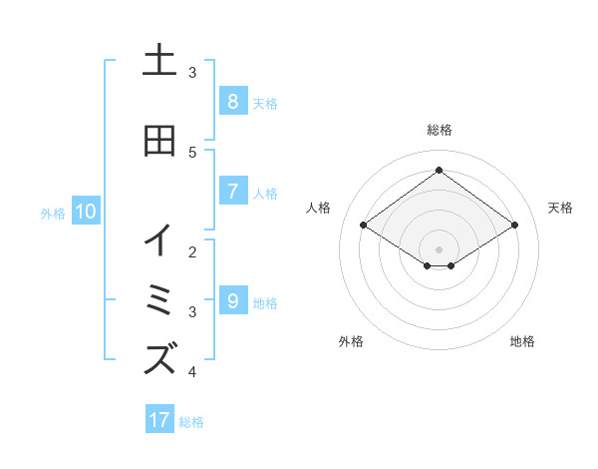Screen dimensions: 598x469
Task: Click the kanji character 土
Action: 159,62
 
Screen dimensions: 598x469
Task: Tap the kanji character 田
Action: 159,141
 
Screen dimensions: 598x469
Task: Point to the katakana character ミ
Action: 159,299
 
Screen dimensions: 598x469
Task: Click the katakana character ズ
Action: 159,357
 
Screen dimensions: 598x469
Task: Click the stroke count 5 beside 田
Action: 192,152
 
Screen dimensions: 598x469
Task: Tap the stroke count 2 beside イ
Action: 192,252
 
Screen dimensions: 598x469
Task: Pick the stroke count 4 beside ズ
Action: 192,372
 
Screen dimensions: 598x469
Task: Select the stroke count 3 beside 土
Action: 192,73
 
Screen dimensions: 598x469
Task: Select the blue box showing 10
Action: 86,212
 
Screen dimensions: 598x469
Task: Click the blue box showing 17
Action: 159,420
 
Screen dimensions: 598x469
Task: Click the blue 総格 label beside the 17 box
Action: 191,422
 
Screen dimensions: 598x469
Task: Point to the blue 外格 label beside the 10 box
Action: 53,213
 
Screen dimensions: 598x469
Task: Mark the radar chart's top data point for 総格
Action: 439,170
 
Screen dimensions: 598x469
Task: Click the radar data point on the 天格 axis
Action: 514,226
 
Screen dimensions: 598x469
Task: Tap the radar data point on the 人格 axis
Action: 364,226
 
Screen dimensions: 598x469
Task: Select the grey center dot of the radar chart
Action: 439,248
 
